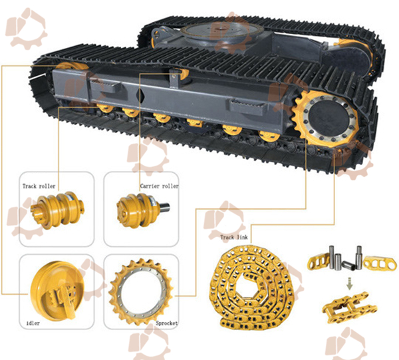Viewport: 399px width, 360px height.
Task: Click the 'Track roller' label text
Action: [39, 186]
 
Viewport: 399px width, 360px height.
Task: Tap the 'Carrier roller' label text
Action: [160, 186]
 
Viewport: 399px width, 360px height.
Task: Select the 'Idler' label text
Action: [33, 323]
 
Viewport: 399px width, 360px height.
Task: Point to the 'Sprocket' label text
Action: [167, 323]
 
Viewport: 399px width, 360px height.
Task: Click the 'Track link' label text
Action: [234, 238]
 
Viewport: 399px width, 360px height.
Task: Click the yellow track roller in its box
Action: [57, 210]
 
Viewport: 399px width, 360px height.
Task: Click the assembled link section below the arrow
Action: [349, 307]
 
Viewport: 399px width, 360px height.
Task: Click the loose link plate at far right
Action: [380, 264]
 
